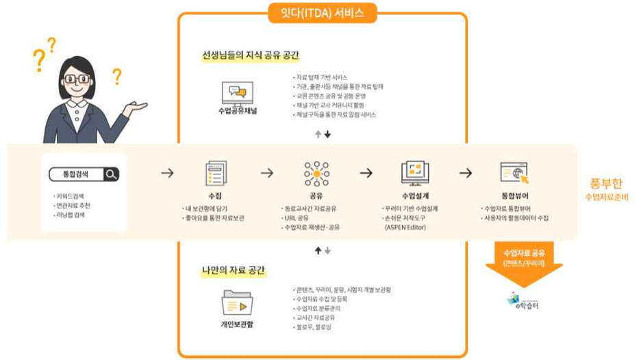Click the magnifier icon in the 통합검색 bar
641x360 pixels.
[x=111, y=175]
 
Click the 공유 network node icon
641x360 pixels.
[x=316, y=174]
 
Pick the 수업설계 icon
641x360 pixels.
[x=414, y=173]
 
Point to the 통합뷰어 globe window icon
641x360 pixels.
[x=514, y=174]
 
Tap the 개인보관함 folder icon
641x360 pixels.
[x=237, y=303]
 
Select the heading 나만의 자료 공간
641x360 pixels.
[x=233, y=270]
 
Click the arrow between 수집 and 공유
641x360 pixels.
[x=266, y=173]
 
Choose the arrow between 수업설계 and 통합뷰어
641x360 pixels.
[x=466, y=173]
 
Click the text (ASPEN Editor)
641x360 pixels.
[x=405, y=227]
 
